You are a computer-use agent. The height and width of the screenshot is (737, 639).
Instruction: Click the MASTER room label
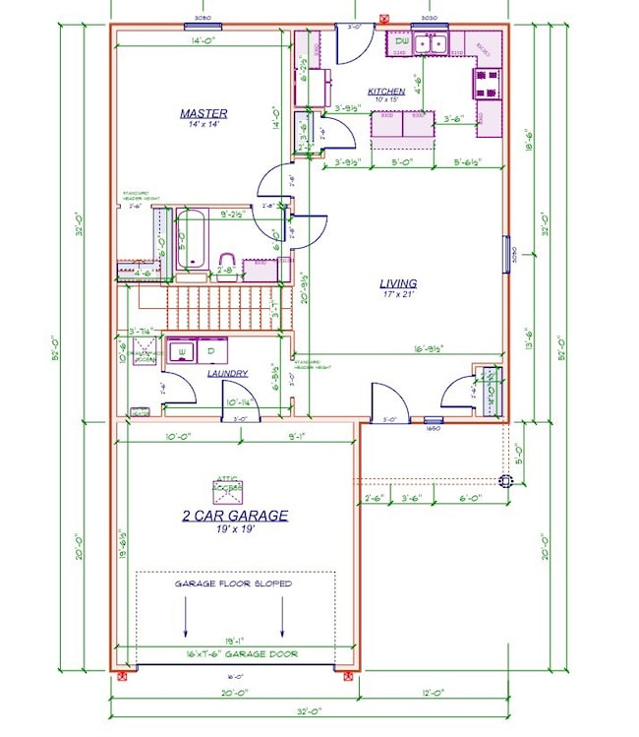click(203, 113)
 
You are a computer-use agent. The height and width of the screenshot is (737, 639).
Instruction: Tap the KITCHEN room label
click(386, 92)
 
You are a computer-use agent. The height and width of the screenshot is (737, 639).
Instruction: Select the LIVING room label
click(398, 283)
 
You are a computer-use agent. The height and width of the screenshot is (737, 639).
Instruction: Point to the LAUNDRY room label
click(227, 373)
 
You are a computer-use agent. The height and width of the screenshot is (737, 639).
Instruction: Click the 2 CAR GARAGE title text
click(234, 516)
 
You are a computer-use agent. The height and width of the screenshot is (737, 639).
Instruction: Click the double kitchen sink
click(431, 43)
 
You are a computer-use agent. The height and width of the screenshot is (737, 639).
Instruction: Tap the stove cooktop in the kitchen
click(488, 82)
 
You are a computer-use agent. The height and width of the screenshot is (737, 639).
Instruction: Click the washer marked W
click(181, 350)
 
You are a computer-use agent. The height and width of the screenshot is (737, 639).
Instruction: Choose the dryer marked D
click(211, 350)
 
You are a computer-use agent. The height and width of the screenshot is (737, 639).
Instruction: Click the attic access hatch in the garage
click(227, 488)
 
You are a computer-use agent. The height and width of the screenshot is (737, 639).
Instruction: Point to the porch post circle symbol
click(506, 481)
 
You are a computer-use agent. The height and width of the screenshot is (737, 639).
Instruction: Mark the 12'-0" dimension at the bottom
click(434, 693)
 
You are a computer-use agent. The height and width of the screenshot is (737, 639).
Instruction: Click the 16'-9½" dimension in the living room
click(429, 347)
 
